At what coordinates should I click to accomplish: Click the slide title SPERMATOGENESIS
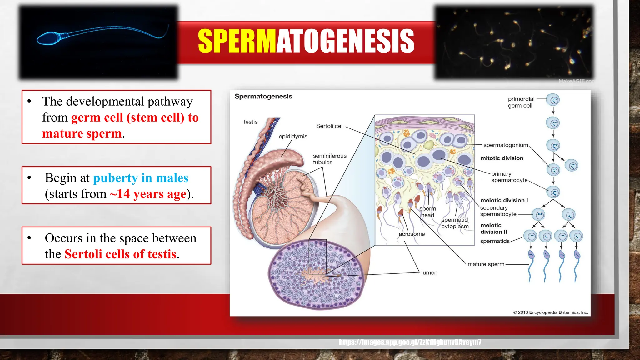[x=306, y=41]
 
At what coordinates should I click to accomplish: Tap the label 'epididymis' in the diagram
[x=293, y=137]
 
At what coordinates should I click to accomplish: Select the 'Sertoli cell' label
[x=330, y=126]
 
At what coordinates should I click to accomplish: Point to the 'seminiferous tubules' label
[x=329, y=159]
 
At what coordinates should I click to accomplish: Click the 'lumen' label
[x=429, y=273]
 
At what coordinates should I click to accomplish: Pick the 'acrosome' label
[x=412, y=234]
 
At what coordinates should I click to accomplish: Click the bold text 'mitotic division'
[x=502, y=158]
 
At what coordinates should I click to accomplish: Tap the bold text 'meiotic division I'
[x=504, y=200]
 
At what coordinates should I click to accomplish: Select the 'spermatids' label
[x=495, y=241]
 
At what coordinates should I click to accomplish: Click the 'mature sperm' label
[x=486, y=264]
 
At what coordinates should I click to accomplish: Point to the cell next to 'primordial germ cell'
[x=554, y=100]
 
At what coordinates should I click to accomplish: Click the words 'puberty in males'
[x=141, y=178]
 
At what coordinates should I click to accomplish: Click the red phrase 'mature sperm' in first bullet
[x=82, y=133]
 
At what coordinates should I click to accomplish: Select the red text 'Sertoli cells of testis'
[x=120, y=254]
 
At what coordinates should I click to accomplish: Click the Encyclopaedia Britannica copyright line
[x=550, y=312]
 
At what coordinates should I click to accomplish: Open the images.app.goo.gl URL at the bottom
[x=410, y=342]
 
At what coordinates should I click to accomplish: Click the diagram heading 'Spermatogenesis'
[x=263, y=97]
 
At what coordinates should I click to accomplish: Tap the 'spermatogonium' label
[x=505, y=145]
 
